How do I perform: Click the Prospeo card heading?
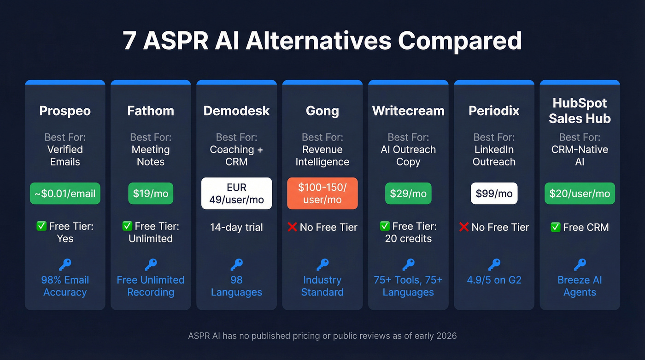65,111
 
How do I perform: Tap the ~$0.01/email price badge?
65,194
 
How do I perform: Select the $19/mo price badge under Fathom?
151,194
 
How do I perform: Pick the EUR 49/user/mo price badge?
236,194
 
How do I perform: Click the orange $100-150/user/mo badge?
322,194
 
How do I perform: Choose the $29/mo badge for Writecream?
408,194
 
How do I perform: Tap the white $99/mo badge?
494,194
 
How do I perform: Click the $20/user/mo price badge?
580,194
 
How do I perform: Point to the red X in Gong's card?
292,227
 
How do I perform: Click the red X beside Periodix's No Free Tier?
464,227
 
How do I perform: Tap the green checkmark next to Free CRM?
556,227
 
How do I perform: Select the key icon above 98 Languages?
236,264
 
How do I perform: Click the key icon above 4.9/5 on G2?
494,264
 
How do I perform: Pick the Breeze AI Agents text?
580,286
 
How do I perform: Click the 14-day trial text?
236,227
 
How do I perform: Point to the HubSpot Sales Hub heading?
580,111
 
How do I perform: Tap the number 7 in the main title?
129,41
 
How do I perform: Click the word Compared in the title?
460,41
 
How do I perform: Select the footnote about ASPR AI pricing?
322,336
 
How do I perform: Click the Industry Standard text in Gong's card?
322,286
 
